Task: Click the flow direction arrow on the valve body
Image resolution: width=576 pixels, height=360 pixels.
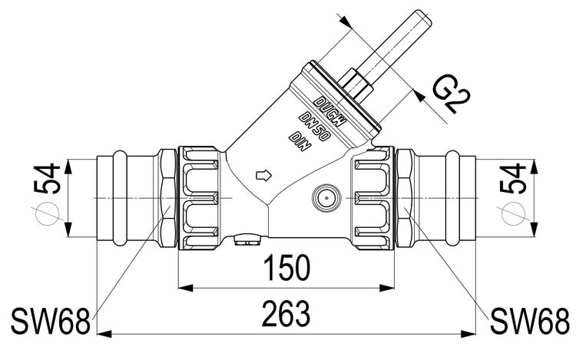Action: click(263, 174)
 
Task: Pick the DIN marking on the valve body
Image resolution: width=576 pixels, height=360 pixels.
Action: click(297, 142)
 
